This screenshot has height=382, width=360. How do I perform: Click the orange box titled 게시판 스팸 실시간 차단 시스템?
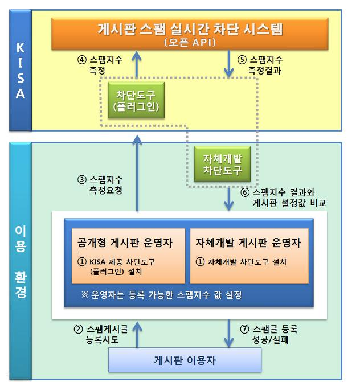(190, 34)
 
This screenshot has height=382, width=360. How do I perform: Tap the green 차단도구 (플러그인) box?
(136, 100)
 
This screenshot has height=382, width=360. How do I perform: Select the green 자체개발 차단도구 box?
(222, 164)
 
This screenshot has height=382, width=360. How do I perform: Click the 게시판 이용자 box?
(185, 360)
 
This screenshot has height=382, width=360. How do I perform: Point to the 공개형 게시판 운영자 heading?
(125, 243)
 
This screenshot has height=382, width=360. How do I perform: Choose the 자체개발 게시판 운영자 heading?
(248, 243)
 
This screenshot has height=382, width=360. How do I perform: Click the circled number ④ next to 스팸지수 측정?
(82, 60)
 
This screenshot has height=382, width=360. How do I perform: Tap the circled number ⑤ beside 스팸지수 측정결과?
(242, 60)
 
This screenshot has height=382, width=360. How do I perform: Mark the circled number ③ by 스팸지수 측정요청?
(82, 180)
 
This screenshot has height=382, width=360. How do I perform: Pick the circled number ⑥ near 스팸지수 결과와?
(245, 192)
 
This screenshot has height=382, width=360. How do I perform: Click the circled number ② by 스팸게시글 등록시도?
(79, 330)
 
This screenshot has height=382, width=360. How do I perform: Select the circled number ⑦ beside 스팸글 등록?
(244, 330)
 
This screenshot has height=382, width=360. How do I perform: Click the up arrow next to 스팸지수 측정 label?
(137, 64)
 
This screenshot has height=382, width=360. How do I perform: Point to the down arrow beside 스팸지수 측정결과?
(228, 64)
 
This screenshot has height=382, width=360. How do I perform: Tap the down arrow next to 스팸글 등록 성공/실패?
(228, 334)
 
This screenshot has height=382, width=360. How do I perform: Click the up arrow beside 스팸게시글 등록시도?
(137, 334)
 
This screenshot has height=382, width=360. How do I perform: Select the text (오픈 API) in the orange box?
(190, 43)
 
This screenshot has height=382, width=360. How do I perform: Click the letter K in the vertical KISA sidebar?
(21, 48)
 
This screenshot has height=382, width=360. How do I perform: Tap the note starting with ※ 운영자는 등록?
(161, 295)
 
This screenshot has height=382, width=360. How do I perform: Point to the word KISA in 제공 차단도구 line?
(97, 262)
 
